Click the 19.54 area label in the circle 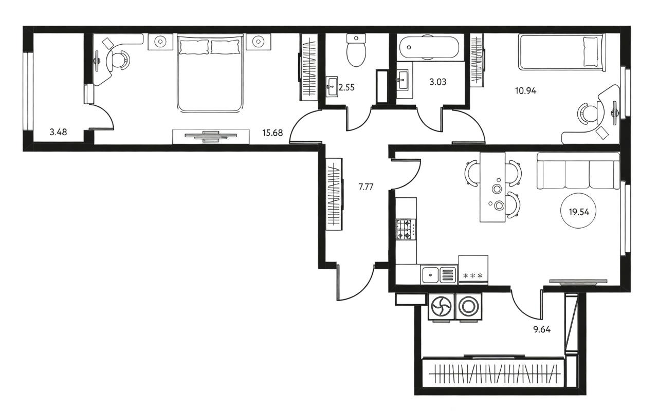[x=579, y=212]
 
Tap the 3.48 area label [x=58, y=132]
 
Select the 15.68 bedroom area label [x=272, y=133]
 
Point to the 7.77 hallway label [x=366, y=186]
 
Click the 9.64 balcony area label [x=542, y=330]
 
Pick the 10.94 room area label [x=525, y=91]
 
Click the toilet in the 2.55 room [x=356, y=50]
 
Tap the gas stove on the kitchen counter [x=406, y=230]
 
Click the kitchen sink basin [x=430, y=275]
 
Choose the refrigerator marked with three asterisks [x=473, y=270]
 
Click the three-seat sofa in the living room [x=578, y=171]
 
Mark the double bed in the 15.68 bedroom [x=210, y=73]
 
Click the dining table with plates [x=492, y=187]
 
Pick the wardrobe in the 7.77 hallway [x=334, y=194]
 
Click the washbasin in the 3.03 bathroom [x=402, y=80]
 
